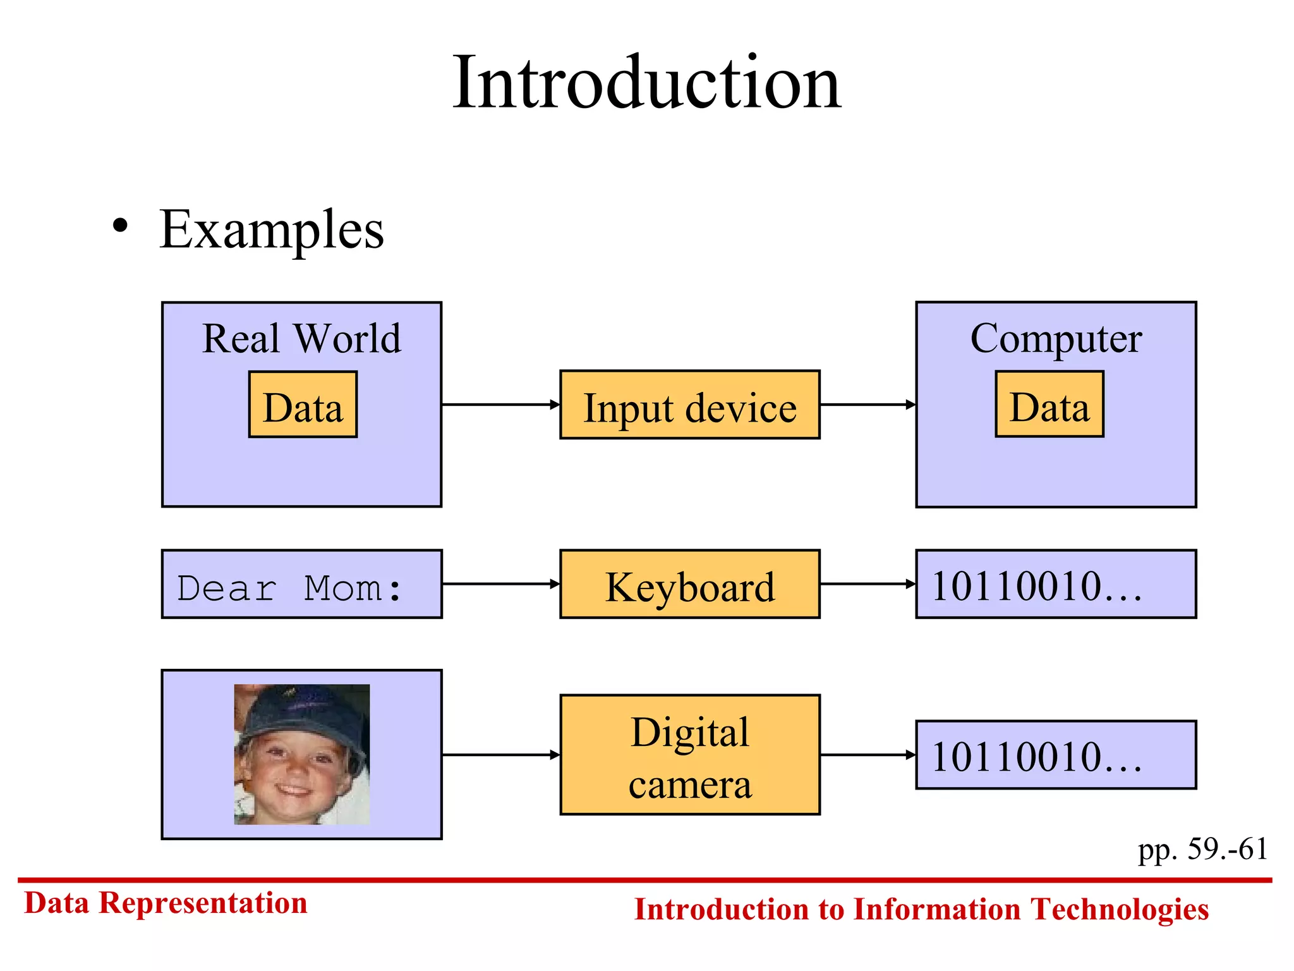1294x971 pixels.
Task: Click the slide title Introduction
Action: tap(646, 83)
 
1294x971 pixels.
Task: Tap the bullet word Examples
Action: tap(272, 230)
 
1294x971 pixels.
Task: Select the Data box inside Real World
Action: tap(303, 405)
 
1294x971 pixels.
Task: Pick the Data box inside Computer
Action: tap(1049, 405)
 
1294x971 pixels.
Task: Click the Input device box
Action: tap(690, 405)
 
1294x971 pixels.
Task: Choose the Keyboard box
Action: tap(690, 584)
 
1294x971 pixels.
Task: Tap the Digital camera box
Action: tap(690, 755)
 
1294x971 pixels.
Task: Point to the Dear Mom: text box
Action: tap(302, 584)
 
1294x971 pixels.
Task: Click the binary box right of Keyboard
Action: tap(1056, 584)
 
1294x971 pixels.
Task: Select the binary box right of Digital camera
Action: tap(1056, 755)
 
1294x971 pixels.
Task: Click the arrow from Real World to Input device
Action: tap(500, 405)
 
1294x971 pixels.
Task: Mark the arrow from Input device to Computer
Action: tap(868, 405)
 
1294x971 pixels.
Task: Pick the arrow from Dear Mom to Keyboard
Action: tap(500, 584)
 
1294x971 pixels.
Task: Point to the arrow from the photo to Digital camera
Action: tap(500, 755)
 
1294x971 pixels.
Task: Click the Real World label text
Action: tap(302, 339)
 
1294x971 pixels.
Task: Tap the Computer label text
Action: tap(1056, 339)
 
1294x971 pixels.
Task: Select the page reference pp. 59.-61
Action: tap(1202, 849)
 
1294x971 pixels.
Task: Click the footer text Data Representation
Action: tap(166, 903)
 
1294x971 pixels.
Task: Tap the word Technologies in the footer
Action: tap(1119, 910)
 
